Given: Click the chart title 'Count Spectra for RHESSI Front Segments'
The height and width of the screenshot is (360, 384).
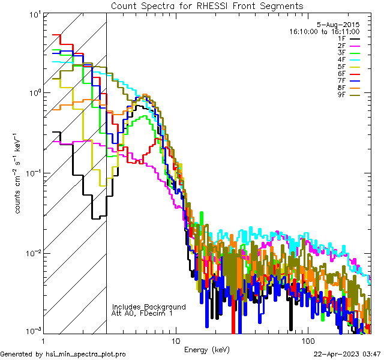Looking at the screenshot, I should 206,5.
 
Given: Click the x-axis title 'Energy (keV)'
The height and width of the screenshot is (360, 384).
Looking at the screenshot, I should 206,349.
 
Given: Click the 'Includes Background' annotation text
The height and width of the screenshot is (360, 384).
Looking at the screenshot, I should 148,307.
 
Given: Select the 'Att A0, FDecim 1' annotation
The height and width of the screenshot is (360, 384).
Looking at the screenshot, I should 142,313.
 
